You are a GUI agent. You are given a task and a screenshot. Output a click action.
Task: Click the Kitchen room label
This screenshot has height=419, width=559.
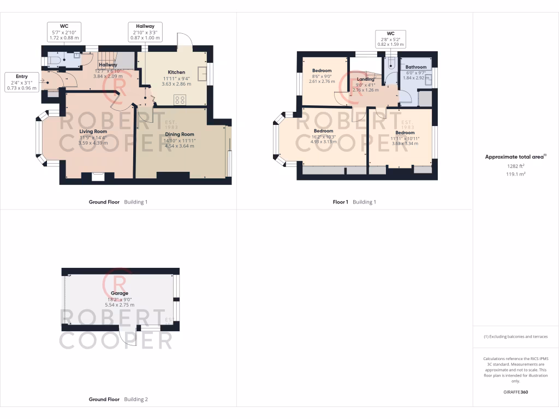pyautogui.click(x=176, y=72)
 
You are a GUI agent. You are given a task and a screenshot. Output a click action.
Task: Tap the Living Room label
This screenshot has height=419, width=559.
pyautogui.click(x=93, y=131)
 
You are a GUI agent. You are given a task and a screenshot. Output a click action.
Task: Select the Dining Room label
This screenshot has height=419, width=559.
pyautogui.click(x=180, y=134)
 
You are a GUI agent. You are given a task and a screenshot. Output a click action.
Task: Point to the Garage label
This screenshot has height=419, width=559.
pyautogui.click(x=120, y=294)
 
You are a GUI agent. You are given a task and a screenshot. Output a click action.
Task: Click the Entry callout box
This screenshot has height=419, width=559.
pyautogui.click(x=22, y=82)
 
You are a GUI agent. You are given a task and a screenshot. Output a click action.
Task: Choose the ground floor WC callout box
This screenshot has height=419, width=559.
pyautogui.click(x=64, y=32)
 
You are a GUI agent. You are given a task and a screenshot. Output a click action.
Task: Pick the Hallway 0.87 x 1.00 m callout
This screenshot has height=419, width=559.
pyautogui.click(x=145, y=32)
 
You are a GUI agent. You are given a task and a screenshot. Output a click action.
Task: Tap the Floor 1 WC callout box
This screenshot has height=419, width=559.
pyautogui.click(x=390, y=39)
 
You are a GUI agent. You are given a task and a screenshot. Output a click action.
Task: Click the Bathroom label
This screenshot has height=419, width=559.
pyautogui.click(x=416, y=67)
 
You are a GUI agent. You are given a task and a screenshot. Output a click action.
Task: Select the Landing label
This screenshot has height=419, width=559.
pyautogui.click(x=365, y=79)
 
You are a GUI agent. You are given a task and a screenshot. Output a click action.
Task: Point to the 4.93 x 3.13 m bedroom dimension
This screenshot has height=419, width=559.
pyautogui.click(x=323, y=142)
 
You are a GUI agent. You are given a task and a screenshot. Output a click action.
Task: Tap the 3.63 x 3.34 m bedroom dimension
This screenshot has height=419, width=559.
pyautogui.click(x=405, y=144)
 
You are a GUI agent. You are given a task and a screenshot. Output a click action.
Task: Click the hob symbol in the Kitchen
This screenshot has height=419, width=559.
pyautogui.click(x=180, y=100)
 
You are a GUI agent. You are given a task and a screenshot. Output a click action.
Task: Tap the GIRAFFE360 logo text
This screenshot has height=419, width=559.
pyautogui.click(x=516, y=392)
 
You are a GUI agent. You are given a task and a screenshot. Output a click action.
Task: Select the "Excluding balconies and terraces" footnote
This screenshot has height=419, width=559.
pyautogui.click(x=515, y=337)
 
